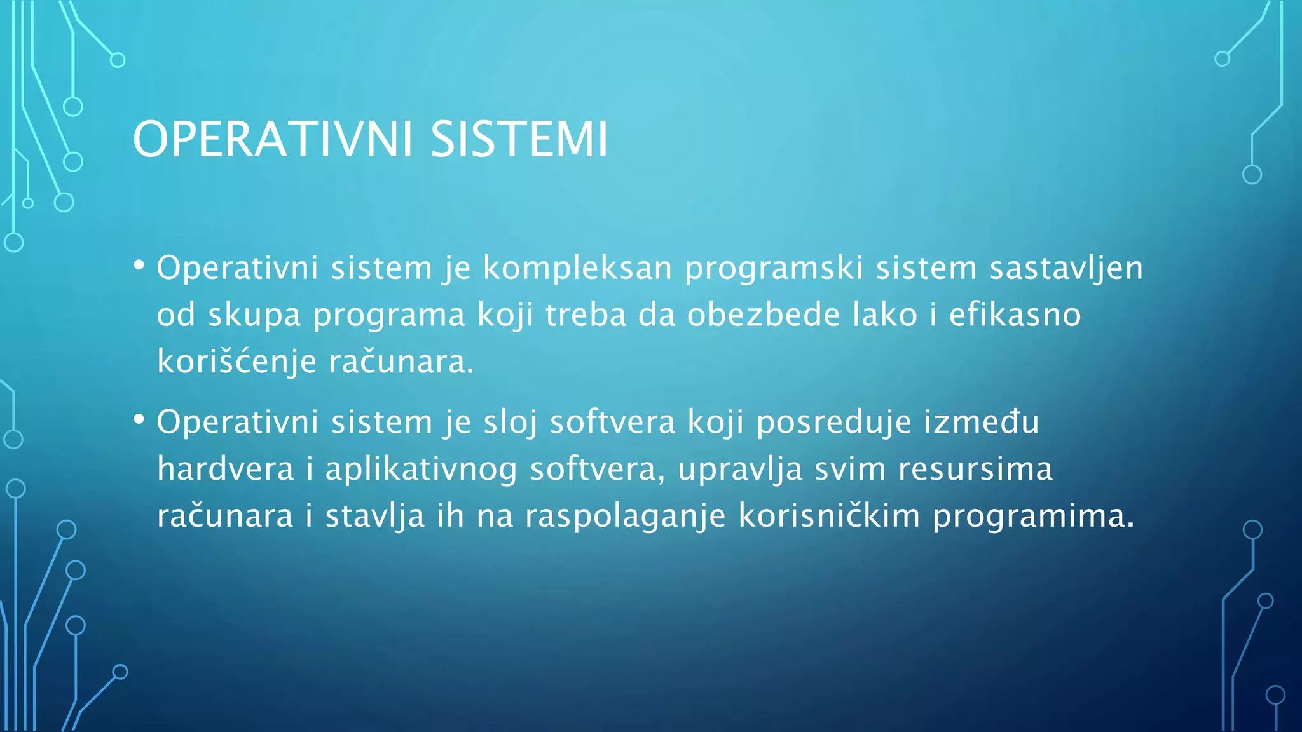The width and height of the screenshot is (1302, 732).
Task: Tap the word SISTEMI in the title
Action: tap(519, 139)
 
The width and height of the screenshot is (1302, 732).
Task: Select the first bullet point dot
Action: tap(139, 265)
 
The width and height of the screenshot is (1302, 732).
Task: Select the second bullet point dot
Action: tap(139, 419)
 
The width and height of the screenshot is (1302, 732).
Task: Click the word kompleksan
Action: tap(577, 268)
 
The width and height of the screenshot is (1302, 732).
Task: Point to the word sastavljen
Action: tap(1066, 268)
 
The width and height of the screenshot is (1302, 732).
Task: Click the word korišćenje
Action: tap(236, 362)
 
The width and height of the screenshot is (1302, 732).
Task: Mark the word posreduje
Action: tap(834, 423)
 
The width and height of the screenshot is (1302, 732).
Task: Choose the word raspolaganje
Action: tap(625, 516)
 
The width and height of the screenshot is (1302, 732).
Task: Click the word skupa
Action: tap(254, 316)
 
